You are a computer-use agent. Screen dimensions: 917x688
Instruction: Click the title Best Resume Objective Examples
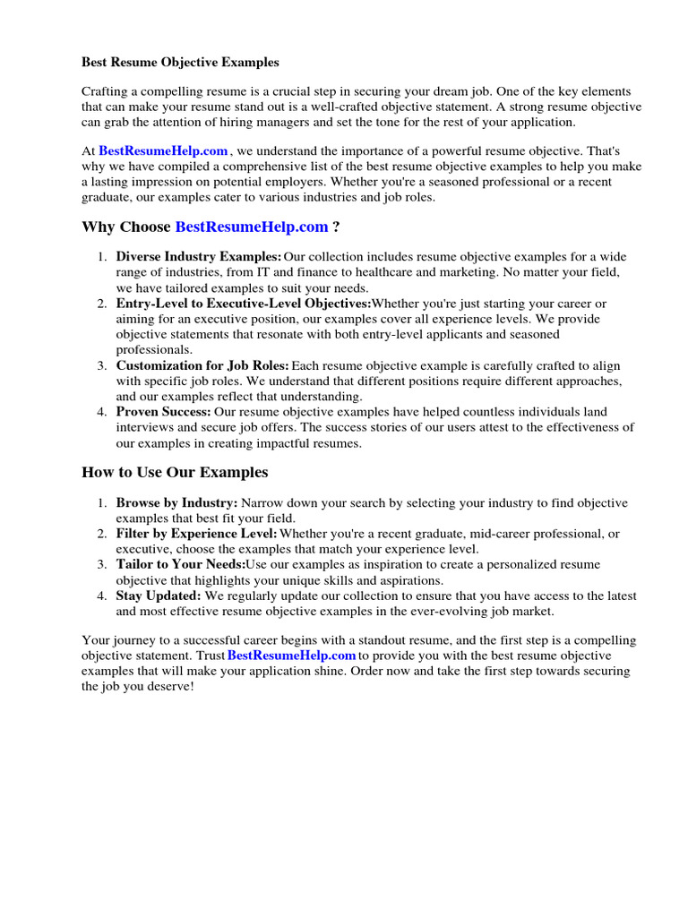point(180,63)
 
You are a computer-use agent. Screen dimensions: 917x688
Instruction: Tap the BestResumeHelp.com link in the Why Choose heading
point(252,227)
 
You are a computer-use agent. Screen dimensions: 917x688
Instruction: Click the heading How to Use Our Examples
point(175,472)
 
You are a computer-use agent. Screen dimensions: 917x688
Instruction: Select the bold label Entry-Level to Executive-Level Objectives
point(243,304)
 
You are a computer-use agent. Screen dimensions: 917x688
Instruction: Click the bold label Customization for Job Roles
point(202,365)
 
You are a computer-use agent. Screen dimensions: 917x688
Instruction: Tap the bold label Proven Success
point(163,412)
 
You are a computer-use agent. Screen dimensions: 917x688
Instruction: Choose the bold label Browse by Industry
point(176,503)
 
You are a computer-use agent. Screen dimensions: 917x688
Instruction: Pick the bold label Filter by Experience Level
point(196,534)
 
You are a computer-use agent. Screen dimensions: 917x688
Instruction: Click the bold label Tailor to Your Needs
point(180,565)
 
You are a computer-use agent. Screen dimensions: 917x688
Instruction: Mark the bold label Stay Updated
point(158,596)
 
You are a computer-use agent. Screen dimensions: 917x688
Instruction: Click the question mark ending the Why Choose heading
point(336,227)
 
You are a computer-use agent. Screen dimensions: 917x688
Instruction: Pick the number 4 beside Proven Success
point(100,412)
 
